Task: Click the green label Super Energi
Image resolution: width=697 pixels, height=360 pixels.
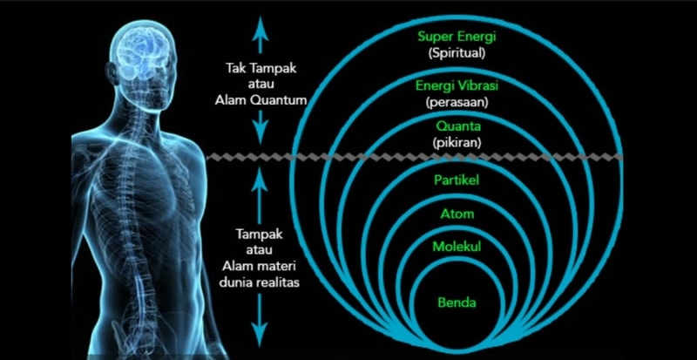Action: coord(456,37)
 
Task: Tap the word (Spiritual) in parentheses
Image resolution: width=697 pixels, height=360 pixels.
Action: coord(456,53)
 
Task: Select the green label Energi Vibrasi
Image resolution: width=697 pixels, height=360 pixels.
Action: coord(457,85)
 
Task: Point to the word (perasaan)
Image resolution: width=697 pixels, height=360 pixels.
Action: coord(457,102)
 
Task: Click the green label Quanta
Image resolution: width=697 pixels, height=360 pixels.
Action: coord(458,126)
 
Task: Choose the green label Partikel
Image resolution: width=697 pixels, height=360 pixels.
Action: coord(457,180)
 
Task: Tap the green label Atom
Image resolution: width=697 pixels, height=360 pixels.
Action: coord(457,214)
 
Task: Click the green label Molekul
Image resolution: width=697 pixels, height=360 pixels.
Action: coord(457,247)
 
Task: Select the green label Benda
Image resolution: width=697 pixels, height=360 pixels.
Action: coord(457,303)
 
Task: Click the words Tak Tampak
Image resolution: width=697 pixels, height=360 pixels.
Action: coord(261,69)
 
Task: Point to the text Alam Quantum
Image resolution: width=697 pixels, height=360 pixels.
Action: coord(261,100)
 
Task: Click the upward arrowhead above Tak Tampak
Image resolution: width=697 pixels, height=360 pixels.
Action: coord(261,24)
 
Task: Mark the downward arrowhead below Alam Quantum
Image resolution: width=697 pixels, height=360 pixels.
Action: coord(261,135)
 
